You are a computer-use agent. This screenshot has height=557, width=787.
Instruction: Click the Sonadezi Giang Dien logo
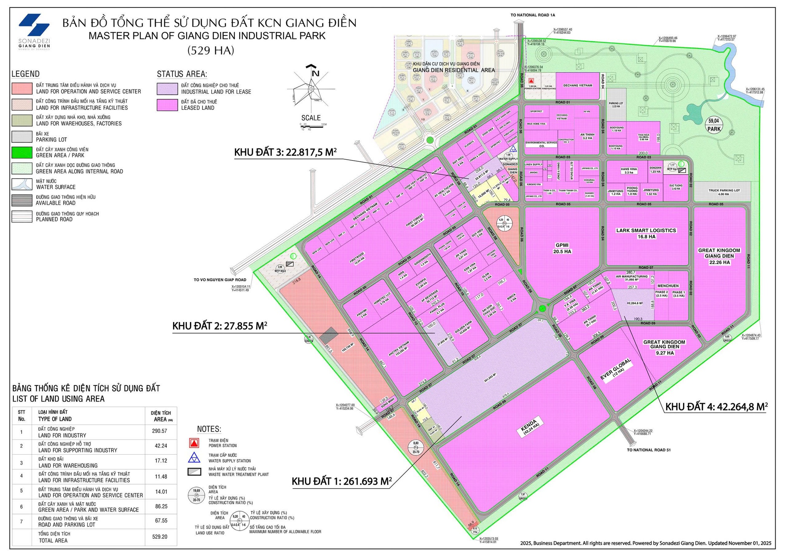(x=34, y=31)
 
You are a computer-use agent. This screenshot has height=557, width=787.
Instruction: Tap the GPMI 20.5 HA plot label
(x=562, y=248)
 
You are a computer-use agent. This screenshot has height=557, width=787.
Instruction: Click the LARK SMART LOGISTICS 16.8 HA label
(x=646, y=234)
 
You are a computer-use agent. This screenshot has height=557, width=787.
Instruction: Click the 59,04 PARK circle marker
(x=713, y=125)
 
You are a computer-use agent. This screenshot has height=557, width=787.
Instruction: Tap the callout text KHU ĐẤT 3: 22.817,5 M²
(x=285, y=153)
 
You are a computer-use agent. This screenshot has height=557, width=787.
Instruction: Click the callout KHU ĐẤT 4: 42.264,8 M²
(x=716, y=407)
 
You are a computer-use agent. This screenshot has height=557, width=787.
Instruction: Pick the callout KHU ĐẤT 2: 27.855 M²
(x=220, y=326)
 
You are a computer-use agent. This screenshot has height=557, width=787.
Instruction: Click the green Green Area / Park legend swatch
(x=22, y=153)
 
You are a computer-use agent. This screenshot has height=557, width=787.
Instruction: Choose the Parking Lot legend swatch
(x=22, y=136)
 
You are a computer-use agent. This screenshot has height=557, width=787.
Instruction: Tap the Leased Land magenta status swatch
(x=167, y=105)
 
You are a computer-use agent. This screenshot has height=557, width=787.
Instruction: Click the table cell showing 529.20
(x=159, y=537)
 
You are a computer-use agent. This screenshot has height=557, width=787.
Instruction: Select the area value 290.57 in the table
(x=159, y=431)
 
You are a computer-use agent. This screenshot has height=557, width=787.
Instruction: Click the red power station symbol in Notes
(x=194, y=443)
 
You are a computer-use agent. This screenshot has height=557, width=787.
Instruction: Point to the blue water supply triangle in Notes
(x=194, y=457)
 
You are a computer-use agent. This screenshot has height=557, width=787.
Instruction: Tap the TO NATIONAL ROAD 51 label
(x=648, y=450)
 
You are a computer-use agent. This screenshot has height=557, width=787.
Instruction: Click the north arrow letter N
(x=315, y=73)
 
